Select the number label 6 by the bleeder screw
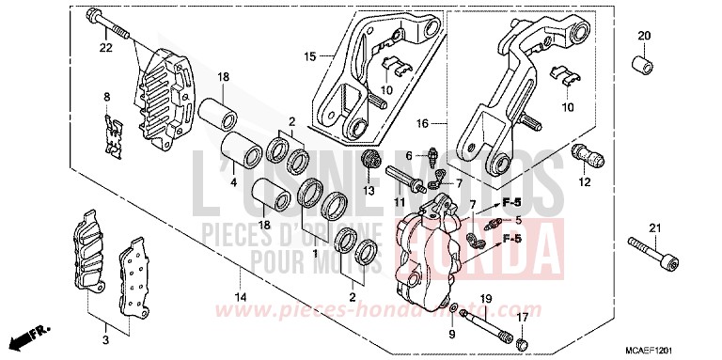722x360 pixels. tap(409, 155)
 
